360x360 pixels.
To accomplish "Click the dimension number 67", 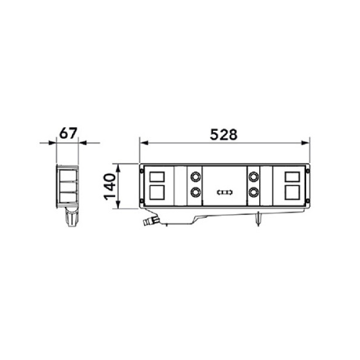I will point(68,133).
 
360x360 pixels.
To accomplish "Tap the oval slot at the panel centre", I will point(224,193).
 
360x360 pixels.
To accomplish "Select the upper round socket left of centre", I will point(195,178).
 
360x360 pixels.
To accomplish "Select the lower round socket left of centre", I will point(195,192).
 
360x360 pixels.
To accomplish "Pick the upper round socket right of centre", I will point(254,178).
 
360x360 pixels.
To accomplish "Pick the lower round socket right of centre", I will point(254,192).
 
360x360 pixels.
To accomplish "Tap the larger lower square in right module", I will point(292,192).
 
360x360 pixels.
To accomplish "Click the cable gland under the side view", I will point(71,220).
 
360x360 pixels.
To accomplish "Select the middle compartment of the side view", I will point(68,186).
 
